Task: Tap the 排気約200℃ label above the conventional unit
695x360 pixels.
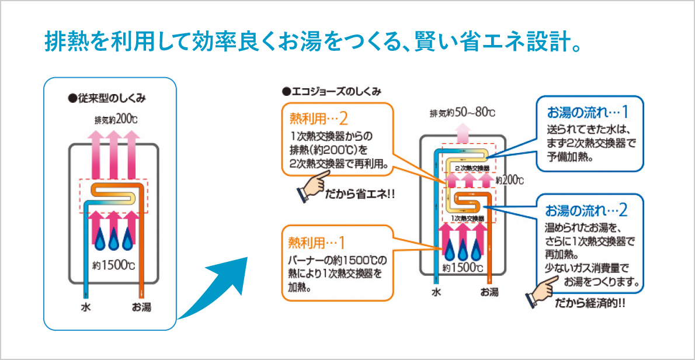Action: click(116, 120)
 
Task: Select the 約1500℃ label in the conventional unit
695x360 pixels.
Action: click(114, 265)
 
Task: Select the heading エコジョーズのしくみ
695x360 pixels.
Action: click(331, 91)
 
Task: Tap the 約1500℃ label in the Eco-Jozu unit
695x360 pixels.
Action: click(463, 269)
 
